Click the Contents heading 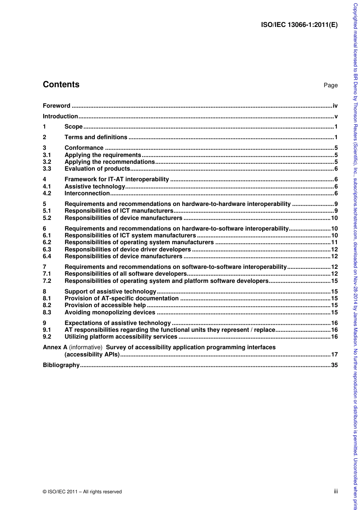tap(61, 85)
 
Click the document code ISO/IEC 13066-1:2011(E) tap(299, 25)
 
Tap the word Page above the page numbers tap(330, 85)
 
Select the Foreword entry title tap(56, 106)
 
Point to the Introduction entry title tap(60, 116)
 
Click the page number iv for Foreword tap(335, 106)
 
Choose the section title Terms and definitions tap(96, 137)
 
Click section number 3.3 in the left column tap(47, 169)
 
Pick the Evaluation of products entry tap(97, 169)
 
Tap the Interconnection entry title tap(87, 193)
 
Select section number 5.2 tap(47, 218)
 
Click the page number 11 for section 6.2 tap(334, 242)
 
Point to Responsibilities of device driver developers tap(128, 250)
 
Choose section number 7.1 tap(47, 274)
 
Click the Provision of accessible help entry tap(105, 305)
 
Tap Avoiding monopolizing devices tap(110, 312)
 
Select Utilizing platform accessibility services tap(121, 337)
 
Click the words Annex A tap(55, 347)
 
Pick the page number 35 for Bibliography tap(334, 365)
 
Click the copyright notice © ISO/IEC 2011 tap(82, 492)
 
